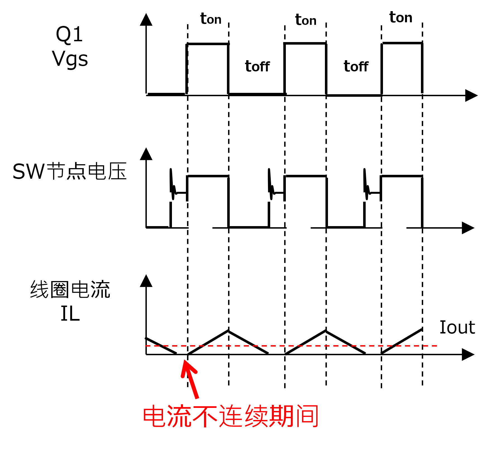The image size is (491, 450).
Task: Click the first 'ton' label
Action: coord(211,19)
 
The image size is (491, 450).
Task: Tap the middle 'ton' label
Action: coord(306,20)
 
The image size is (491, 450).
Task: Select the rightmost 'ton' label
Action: coord(401,17)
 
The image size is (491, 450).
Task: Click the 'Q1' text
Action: coord(70,35)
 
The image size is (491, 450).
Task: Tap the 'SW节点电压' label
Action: coord(70,171)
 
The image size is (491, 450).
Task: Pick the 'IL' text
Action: coord(70,314)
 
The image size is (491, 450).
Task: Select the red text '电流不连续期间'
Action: coord(231,416)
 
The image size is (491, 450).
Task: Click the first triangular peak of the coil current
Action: coord(228,331)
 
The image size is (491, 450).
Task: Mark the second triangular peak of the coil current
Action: coord(326,331)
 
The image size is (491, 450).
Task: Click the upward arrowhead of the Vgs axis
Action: coord(146,20)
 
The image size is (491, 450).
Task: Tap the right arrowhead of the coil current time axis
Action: coord(468,354)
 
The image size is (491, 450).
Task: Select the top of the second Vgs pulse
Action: coord(305,43)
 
